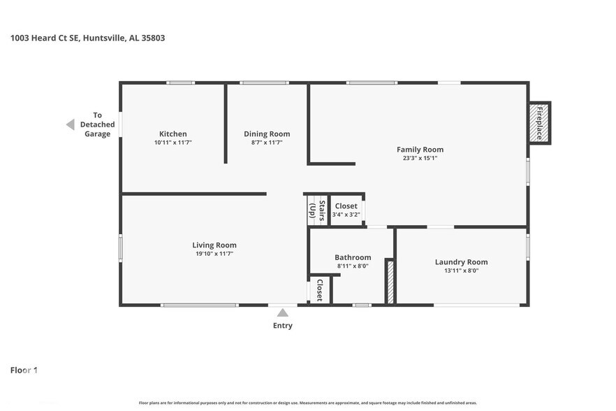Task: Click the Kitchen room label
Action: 173,134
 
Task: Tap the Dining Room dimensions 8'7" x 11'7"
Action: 267,143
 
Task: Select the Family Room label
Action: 420,150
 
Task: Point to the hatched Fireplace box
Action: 539,123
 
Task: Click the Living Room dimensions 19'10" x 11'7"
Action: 214,254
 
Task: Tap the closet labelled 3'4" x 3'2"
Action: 346,210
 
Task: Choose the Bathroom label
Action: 353,257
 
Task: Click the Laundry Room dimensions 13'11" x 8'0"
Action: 461,271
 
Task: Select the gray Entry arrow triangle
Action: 282,312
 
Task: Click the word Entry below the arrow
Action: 283,326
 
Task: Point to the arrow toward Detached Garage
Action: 71,124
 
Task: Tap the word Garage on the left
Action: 98,134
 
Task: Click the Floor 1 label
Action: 24,370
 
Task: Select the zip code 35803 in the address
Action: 153,38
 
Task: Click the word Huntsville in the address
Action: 104,38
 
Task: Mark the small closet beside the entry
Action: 320,290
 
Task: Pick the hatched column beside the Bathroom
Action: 390,282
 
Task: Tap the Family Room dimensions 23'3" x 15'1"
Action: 420,158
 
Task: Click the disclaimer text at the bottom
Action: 307,403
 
